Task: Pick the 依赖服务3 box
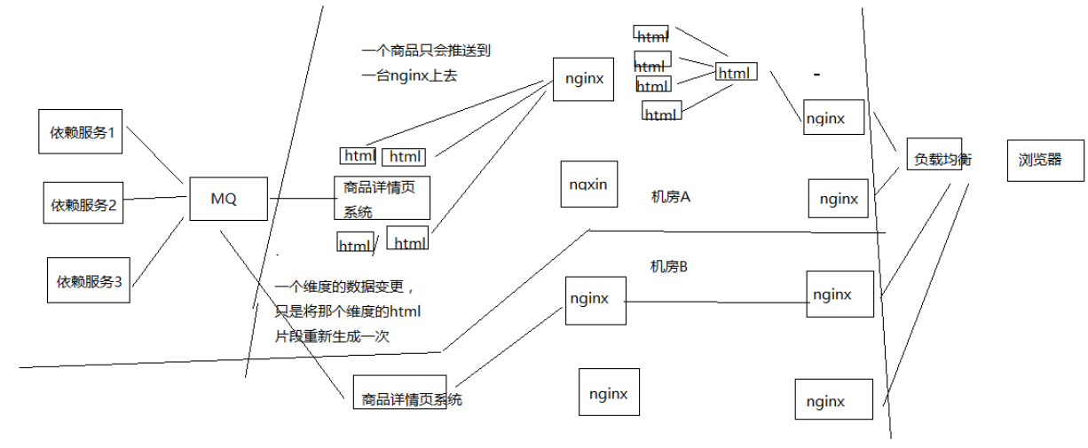(x=89, y=280)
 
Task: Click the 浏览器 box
(x=1039, y=160)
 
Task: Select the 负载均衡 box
(x=942, y=160)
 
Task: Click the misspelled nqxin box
(x=588, y=184)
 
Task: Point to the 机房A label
(x=670, y=197)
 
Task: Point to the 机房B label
(x=669, y=265)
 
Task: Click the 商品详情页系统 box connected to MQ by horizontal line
(x=382, y=198)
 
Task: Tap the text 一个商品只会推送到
(x=426, y=51)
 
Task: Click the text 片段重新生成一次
(x=332, y=336)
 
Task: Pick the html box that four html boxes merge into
(x=737, y=72)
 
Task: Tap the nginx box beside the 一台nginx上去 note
(x=584, y=79)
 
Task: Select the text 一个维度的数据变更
(x=344, y=287)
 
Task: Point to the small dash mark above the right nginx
(x=816, y=75)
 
